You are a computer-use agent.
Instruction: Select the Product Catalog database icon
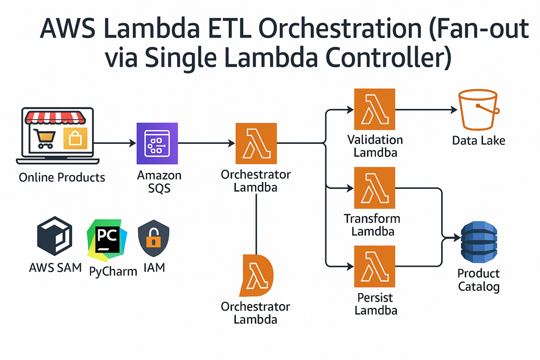pyautogui.click(x=478, y=243)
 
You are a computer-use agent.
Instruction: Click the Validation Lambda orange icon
pyautogui.click(x=374, y=109)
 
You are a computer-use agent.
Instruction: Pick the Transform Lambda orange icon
pyautogui.click(x=374, y=188)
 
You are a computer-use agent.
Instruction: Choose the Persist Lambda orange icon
pyautogui.click(x=374, y=267)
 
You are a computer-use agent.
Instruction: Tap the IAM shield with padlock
pyautogui.click(x=153, y=239)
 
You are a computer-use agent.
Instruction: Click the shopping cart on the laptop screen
pyautogui.click(x=44, y=138)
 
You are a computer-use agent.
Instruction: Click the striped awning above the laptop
pyautogui.click(x=58, y=117)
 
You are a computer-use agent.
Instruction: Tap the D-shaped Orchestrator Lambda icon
pyautogui.click(x=256, y=275)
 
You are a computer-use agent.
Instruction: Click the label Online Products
pyautogui.click(x=61, y=178)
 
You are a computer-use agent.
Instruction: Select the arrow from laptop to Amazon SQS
pyautogui.click(x=116, y=143)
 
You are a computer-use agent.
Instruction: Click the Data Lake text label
pyautogui.click(x=479, y=141)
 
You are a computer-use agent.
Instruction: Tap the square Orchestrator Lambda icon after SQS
pyautogui.click(x=256, y=143)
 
